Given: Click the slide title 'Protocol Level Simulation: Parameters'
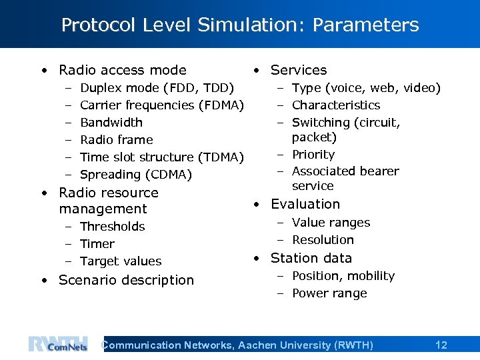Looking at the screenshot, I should [x=240, y=25].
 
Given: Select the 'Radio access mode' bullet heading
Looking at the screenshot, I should [x=122, y=70].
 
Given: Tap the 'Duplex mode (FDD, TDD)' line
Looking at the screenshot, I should [x=157, y=88].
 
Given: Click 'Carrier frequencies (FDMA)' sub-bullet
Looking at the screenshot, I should [x=162, y=105].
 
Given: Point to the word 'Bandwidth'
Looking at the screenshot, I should [x=111, y=123].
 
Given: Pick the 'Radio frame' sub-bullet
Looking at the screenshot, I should [x=116, y=140].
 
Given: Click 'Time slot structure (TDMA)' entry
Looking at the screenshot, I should [x=162, y=157].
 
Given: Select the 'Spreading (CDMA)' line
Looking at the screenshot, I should [x=135, y=175].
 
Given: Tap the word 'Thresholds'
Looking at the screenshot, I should [x=112, y=227].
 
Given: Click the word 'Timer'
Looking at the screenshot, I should [x=97, y=244].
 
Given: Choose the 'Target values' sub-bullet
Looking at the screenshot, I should [x=121, y=261].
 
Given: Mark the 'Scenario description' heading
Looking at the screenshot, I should [x=126, y=280].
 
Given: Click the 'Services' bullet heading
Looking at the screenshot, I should [x=299, y=70].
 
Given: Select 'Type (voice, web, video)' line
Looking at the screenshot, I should [x=366, y=88].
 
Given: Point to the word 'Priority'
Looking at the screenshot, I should [x=313, y=155].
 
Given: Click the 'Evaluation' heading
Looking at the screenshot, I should [x=305, y=205].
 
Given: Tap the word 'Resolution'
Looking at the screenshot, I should [x=323, y=240].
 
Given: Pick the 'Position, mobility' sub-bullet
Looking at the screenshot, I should [x=343, y=276].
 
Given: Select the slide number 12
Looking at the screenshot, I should [x=441, y=345].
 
